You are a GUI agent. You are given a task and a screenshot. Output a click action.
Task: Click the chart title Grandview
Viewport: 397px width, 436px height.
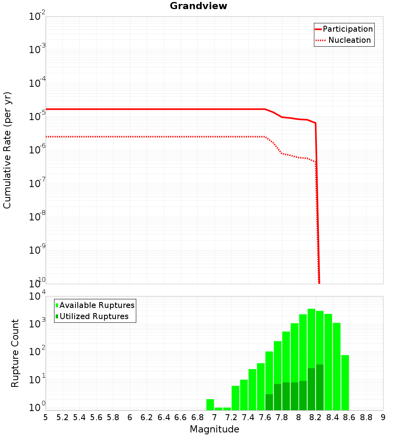point(198,6)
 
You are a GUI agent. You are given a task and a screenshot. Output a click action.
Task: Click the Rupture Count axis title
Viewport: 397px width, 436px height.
point(15,353)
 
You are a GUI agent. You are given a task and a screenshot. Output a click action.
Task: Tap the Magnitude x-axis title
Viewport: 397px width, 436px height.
point(214,429)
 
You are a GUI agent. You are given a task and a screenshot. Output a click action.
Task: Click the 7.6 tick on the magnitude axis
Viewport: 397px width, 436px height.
point(265,417)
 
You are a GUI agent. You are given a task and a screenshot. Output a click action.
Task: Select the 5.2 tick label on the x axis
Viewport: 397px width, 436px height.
point(62,417)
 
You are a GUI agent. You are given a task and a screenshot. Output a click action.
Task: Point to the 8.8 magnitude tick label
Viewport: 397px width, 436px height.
point(366,417)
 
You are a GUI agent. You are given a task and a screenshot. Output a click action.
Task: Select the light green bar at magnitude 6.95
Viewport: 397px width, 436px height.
point(210,404)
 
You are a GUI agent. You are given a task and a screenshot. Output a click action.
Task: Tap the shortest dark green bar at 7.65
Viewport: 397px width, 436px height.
point(269,402)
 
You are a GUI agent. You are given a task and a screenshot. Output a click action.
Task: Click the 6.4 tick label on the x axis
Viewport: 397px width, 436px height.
point(164,417)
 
